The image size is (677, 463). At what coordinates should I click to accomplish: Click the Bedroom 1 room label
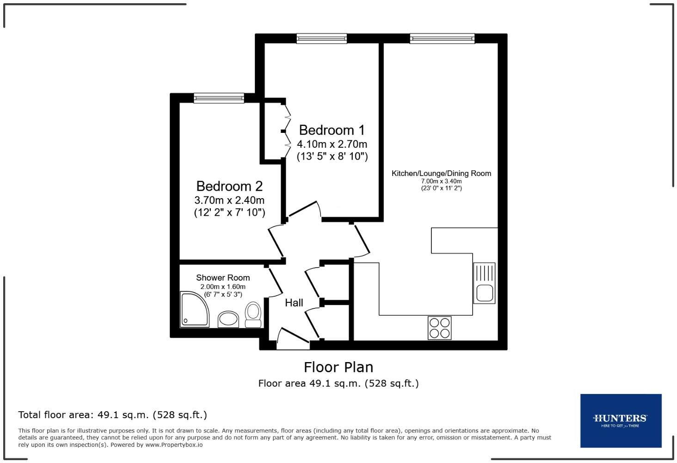pos(332,130)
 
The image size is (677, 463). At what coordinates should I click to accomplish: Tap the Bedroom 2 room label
pos(229,186)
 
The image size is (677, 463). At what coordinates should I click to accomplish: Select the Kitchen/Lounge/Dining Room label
pos(441,174)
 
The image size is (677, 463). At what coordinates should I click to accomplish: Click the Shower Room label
pos(223,278)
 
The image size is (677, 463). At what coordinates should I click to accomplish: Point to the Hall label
pos(294,303)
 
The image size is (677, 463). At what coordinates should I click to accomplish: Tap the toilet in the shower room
pos(253,315)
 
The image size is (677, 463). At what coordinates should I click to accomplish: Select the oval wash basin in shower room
pos(228,319)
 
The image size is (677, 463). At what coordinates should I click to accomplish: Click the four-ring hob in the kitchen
pos(439,328)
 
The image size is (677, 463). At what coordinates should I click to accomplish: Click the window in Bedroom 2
pos(219,97)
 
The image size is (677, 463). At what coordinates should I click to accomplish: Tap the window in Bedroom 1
pos(322,38)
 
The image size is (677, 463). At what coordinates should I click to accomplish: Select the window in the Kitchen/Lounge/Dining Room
pos(442,38)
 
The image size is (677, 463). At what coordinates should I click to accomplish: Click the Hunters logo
pos(621,420)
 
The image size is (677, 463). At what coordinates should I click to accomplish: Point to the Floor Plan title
pos(338,367)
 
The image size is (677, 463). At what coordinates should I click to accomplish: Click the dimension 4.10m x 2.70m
pos(332,144)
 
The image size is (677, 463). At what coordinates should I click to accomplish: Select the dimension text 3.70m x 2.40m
pos(229,200)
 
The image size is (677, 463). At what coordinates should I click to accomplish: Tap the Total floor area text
pos(112,415)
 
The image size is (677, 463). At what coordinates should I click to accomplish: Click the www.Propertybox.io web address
pos(174,445)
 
